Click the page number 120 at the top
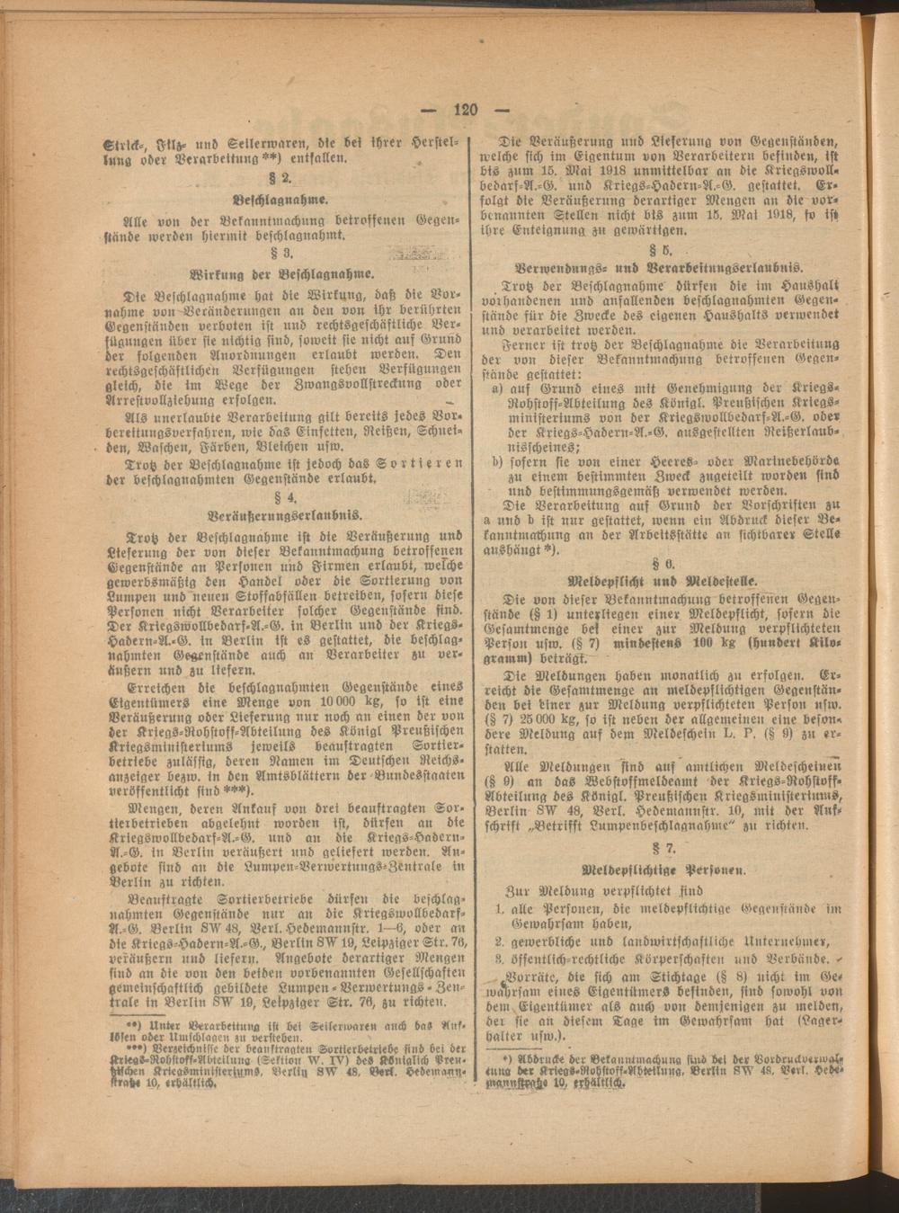(465, 110)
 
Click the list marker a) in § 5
(497, 388)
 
